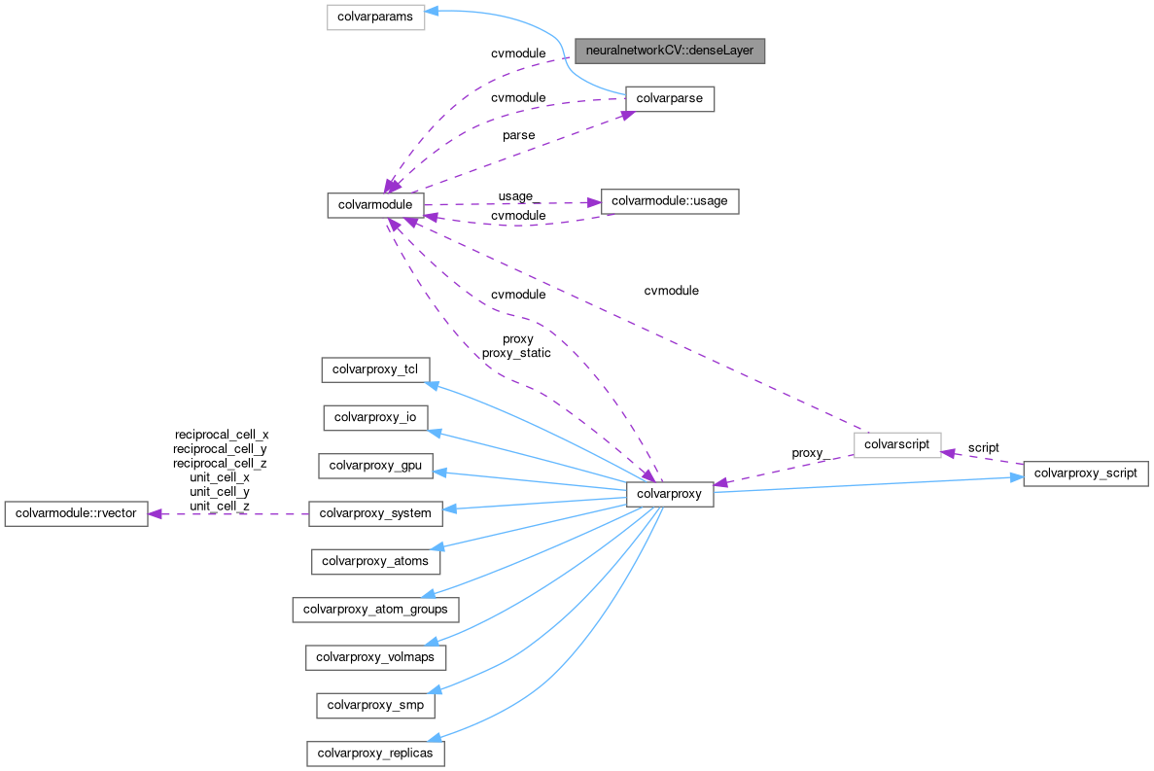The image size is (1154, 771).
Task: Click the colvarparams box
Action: pyautogui.click(x=375, y=18)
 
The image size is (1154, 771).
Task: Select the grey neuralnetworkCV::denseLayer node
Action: pyautogui.click(x=670, y=50)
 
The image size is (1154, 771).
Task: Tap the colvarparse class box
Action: pyautogui.click(x=670, y=99)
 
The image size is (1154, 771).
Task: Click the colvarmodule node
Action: pyautogui.click(x=375, y=204)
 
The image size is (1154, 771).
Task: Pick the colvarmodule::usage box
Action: pyautogui.click(x=670, y=201)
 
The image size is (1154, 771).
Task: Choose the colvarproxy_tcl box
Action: pyautogui.click(x=375, y=369)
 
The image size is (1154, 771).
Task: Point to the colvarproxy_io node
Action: pyautogui.click(x=375, y=417)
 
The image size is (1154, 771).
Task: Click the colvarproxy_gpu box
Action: pyautogui.click(x=375, y=465)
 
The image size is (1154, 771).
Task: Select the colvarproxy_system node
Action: pyautogui.click(x=375, y=512)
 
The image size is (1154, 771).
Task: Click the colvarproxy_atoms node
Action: pyautogui.click(x=375, y=560)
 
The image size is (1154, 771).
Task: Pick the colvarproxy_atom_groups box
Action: pyautogui.click(x=375, y=610)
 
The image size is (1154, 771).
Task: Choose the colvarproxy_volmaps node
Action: pyautogui.click(x=375, y=657)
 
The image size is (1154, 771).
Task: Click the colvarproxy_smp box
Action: pyautogui.click(x=375, y=705)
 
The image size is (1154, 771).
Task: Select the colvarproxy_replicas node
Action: pyautogui.click(x=375, y=753)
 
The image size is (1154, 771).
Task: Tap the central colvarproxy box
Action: pyautogui.click(x=670, y=494)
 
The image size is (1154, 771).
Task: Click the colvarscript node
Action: pyautogui.click(x=897, y=444)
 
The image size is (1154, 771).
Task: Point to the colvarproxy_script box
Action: pyautogui.click(x=1086, y=473)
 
